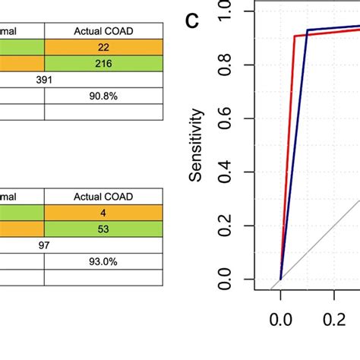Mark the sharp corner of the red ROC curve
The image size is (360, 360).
(x=294, y=36)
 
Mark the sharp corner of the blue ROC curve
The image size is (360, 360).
(x=308, y=30)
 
